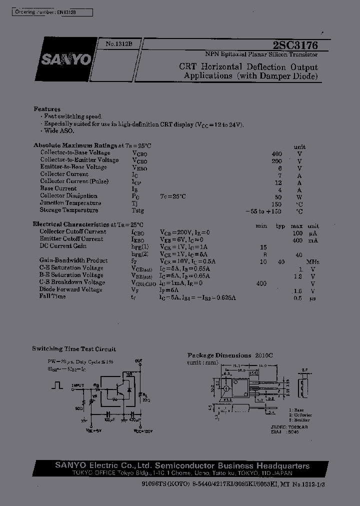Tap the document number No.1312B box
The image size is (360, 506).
118,44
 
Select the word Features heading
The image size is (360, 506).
47,109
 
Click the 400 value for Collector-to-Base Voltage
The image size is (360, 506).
276,153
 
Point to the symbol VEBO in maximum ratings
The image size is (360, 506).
140,167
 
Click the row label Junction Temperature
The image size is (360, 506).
70,203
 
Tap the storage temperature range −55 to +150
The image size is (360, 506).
263,210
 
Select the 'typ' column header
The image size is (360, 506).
280,226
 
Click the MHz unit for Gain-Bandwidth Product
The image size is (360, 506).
313,261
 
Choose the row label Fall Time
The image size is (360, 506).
52,296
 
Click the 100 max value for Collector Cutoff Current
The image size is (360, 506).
298,233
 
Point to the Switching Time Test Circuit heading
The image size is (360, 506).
74,349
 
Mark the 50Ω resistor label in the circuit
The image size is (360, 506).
78,408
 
